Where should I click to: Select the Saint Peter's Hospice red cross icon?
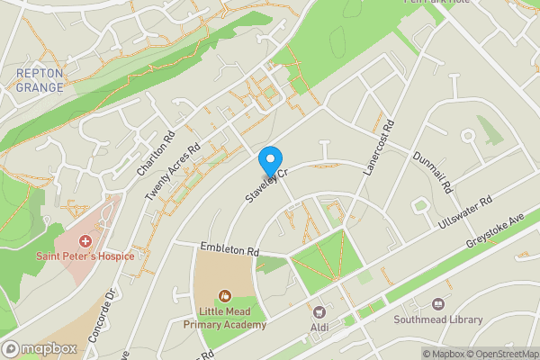point(85,241)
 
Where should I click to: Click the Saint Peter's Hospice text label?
point(85,256)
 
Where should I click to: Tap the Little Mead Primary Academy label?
point(224,317)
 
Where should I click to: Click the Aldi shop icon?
point(319,309)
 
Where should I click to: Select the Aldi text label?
point(319,325)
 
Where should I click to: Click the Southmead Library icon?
point(438,304)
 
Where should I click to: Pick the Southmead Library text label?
point(438,319)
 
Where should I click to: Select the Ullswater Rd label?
point(464,214)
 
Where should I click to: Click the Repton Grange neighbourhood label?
point(40,79)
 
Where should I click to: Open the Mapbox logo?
point(40,348)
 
